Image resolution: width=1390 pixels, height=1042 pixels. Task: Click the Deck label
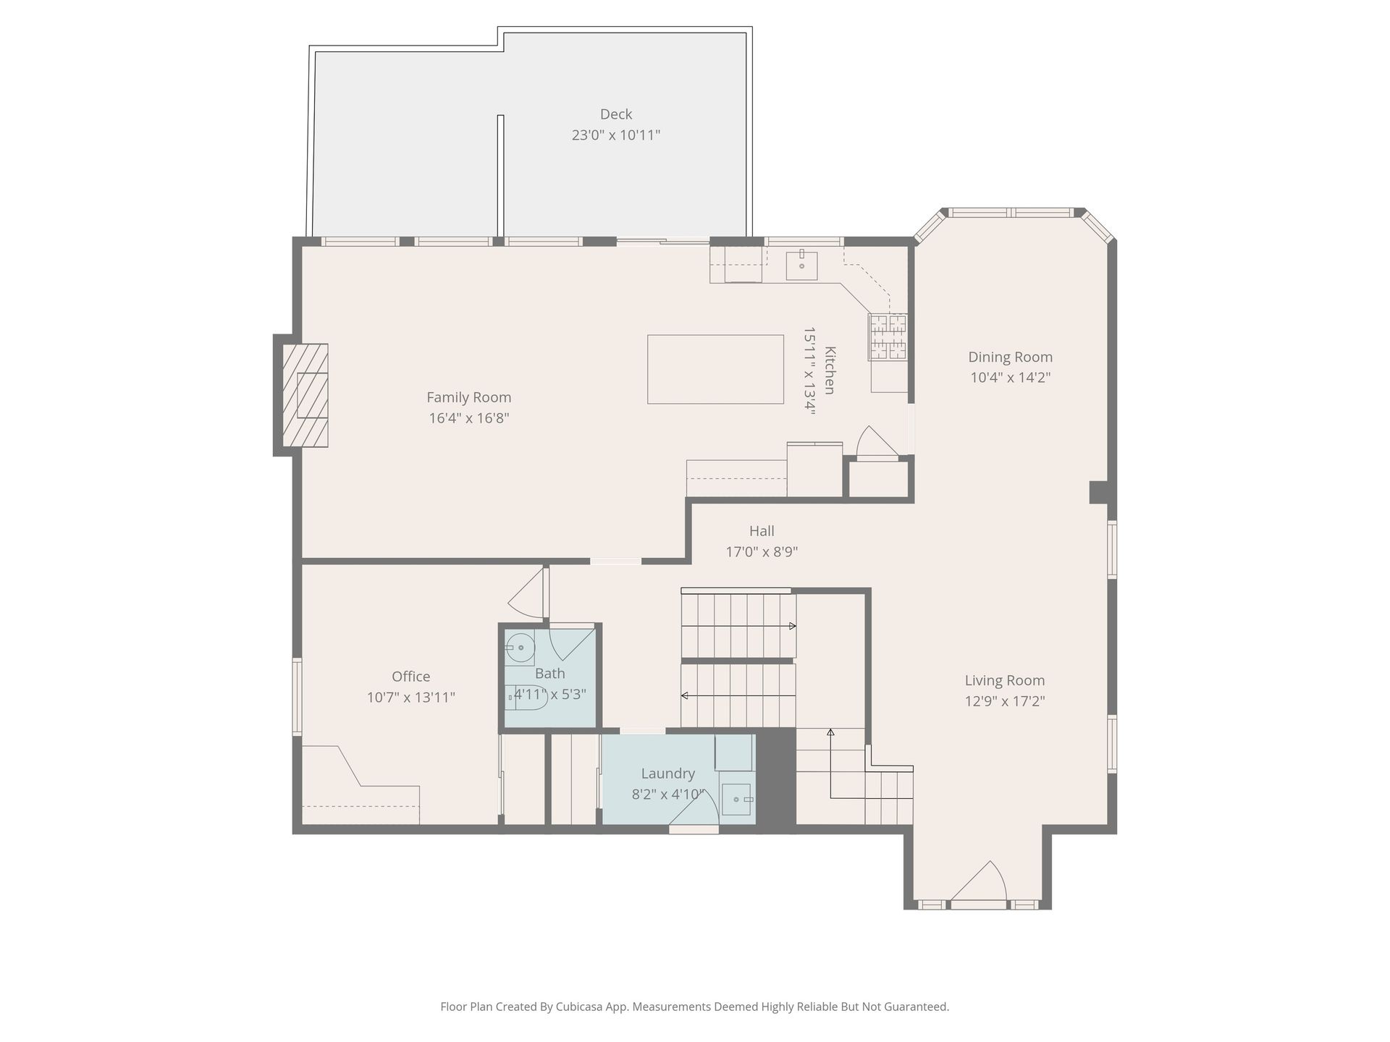616,114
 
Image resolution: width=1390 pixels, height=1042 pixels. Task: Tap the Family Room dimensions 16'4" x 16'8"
469,418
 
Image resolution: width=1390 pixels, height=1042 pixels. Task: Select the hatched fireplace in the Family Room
305,395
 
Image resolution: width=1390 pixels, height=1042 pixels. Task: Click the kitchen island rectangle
715,369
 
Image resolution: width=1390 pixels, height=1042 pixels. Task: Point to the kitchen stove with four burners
888,336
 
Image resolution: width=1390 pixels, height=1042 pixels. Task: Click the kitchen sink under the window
801,265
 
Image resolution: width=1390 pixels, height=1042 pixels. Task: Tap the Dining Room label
1011,357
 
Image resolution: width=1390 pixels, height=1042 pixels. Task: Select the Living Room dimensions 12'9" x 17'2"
1005,701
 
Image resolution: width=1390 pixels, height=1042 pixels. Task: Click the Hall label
762,531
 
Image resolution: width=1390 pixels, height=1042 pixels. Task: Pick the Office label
411,677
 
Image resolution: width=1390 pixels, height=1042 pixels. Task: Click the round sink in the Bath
519,648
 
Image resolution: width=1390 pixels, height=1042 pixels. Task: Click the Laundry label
667,774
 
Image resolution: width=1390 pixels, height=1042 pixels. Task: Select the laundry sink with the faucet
736,800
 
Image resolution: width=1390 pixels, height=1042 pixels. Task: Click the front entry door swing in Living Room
978,881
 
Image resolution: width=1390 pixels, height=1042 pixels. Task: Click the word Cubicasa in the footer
581,1007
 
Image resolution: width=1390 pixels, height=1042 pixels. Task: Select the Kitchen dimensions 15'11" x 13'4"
809,370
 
